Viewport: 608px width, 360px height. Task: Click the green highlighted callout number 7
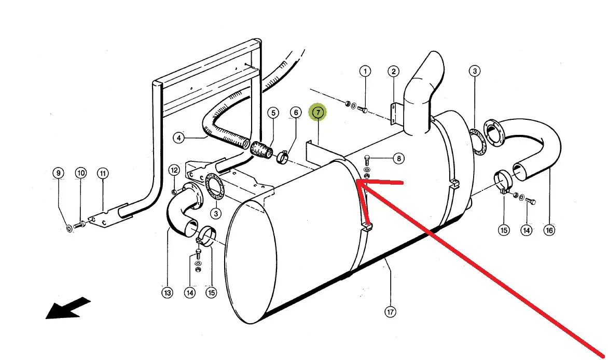tap(317, 112)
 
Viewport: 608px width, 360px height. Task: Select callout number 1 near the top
tap(365, 71)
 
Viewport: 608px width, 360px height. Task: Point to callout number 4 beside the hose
tap(178, 138)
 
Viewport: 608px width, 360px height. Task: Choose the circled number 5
tap(273, 113)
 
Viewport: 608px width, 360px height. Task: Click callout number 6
tap(295, 113)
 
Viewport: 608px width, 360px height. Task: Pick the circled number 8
tap(398, 159)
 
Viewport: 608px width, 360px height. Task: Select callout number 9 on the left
tap(58, 173)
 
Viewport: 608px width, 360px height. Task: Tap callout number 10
tap(80, 173)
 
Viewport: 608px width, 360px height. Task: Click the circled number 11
tap(103, 173)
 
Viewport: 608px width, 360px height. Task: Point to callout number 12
tap(174, 170)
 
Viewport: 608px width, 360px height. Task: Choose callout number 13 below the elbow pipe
tap(167, 293)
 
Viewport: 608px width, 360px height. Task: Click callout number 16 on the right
tap(549, 230)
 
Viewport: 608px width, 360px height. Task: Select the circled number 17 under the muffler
tap(390, 312)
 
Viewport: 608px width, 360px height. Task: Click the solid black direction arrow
tap(67, 308)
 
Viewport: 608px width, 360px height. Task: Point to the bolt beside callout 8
tap(368, 159)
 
